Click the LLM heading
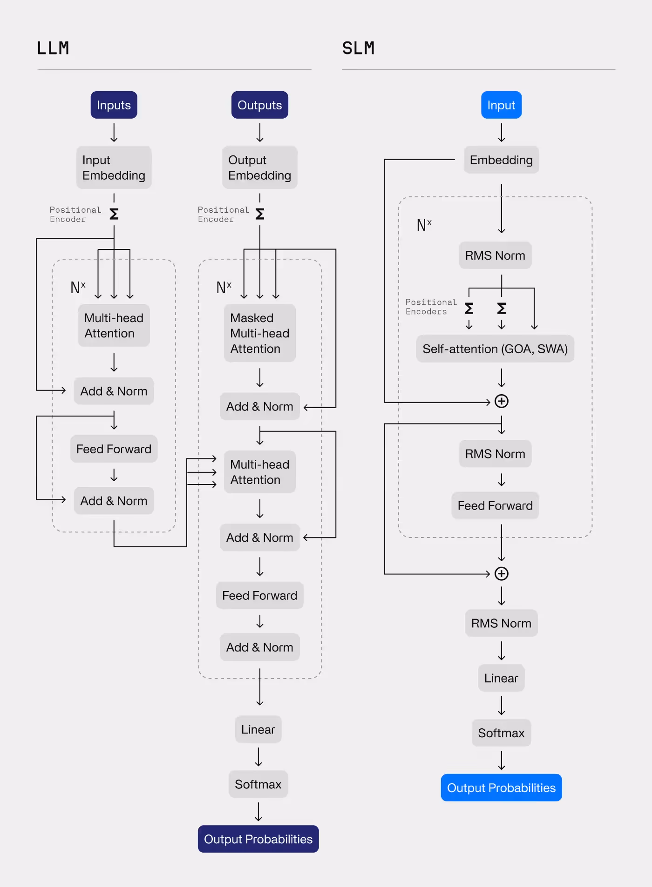coord(53,48)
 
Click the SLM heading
coord(358,48)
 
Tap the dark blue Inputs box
coord(114,105)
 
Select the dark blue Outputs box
coord(259,105)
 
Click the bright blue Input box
coord(501,105)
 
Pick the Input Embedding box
coord(114,168)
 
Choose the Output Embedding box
coord(259,168)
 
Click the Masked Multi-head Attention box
coord(259,333)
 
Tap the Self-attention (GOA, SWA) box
coord(495,349)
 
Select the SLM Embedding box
coord(501,160)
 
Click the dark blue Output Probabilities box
coord(258,839)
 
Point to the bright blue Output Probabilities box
coord(501,788)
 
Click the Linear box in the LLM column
coord(258,730)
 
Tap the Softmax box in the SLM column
coord(501,733)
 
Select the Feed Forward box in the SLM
coord(495,506)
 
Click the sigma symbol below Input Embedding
coord(114,214)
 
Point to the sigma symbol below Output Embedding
coord(260,214)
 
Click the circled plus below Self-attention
coord(502,401)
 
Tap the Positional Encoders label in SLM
coord(431,307)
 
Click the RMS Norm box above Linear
coord(501,623)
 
